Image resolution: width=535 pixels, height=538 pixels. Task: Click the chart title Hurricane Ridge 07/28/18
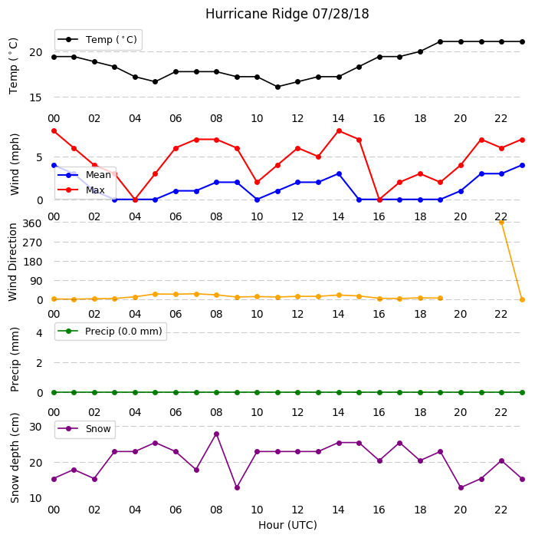[287, 14]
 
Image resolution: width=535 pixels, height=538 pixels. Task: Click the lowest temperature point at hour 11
[277, 87]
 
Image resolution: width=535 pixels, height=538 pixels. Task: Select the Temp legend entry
[98, 40]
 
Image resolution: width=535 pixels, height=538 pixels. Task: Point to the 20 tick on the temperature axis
[36, 52]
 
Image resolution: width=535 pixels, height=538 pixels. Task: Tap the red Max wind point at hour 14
[339, 131]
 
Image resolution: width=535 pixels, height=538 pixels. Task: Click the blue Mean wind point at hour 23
[522, 165]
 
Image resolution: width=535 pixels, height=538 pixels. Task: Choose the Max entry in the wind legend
[81, 190]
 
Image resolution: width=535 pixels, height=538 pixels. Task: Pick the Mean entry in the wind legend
[84, 175]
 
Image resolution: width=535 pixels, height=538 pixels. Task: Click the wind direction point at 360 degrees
[501, 223]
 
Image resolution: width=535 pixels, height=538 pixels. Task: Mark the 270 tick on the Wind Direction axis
[32, 243]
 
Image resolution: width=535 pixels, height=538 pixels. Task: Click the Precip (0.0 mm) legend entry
[110, 332]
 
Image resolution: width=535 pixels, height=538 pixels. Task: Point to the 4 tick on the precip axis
[39, 333]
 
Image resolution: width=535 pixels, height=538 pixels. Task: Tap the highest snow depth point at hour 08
[216, 434]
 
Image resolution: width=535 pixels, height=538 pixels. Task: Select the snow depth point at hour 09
[237, 487]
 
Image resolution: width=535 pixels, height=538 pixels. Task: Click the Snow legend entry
[84, 429]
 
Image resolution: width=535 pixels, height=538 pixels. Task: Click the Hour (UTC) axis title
[287, 525]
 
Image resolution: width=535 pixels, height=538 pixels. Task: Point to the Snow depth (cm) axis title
[15, 457]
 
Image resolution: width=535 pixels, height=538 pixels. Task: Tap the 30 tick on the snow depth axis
[36, 427]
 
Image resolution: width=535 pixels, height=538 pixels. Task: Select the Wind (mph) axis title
[15, 164]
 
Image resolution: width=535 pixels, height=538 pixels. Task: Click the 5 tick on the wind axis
[39, 157]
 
